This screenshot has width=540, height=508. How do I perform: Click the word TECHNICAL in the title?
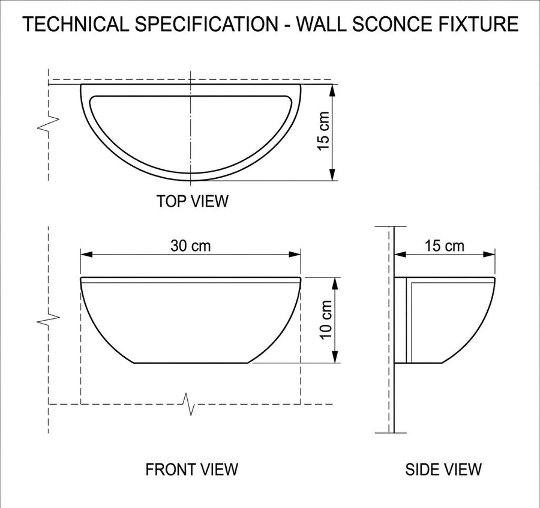pyautogui.click(x=75, y=24)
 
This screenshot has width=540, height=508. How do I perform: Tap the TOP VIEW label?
pyautogui.click(x=192, y=201)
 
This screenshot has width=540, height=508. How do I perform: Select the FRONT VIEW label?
pyautogui.click(x=191, y=470)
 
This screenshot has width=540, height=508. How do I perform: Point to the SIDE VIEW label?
pyautogui.click(x=443, y=470)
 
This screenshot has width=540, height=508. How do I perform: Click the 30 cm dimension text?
pyautogui.click(x=190, y=246)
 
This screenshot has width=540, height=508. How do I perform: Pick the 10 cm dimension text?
pyautogui.click(x=326, y=320)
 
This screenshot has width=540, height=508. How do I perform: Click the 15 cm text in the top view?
pyautogui.click(x=323, y=131)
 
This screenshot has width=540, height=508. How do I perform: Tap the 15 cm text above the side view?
pyautogui.click(x=444, y=246)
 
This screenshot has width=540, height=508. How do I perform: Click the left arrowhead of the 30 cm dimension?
pyautogui.click(x=87, y=255)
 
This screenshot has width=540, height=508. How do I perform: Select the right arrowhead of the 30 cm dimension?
pyautogui.click(x=295, y=255)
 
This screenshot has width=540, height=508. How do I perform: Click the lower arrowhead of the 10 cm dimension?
pyautogui.click(x=335, y=357)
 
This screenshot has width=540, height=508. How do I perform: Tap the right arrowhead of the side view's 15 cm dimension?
pyautogui.click(x=489, y=255)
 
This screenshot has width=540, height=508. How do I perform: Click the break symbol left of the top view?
pyautogui.click(x=48, y=123)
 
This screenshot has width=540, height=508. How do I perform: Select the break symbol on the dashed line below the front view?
pyautogui.click(x=190, y=404)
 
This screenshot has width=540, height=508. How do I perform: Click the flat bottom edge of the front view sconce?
pyautogui.click(x=191, y=363)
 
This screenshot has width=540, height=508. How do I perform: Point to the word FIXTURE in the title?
pyautogui.click(x=483, y=24)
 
